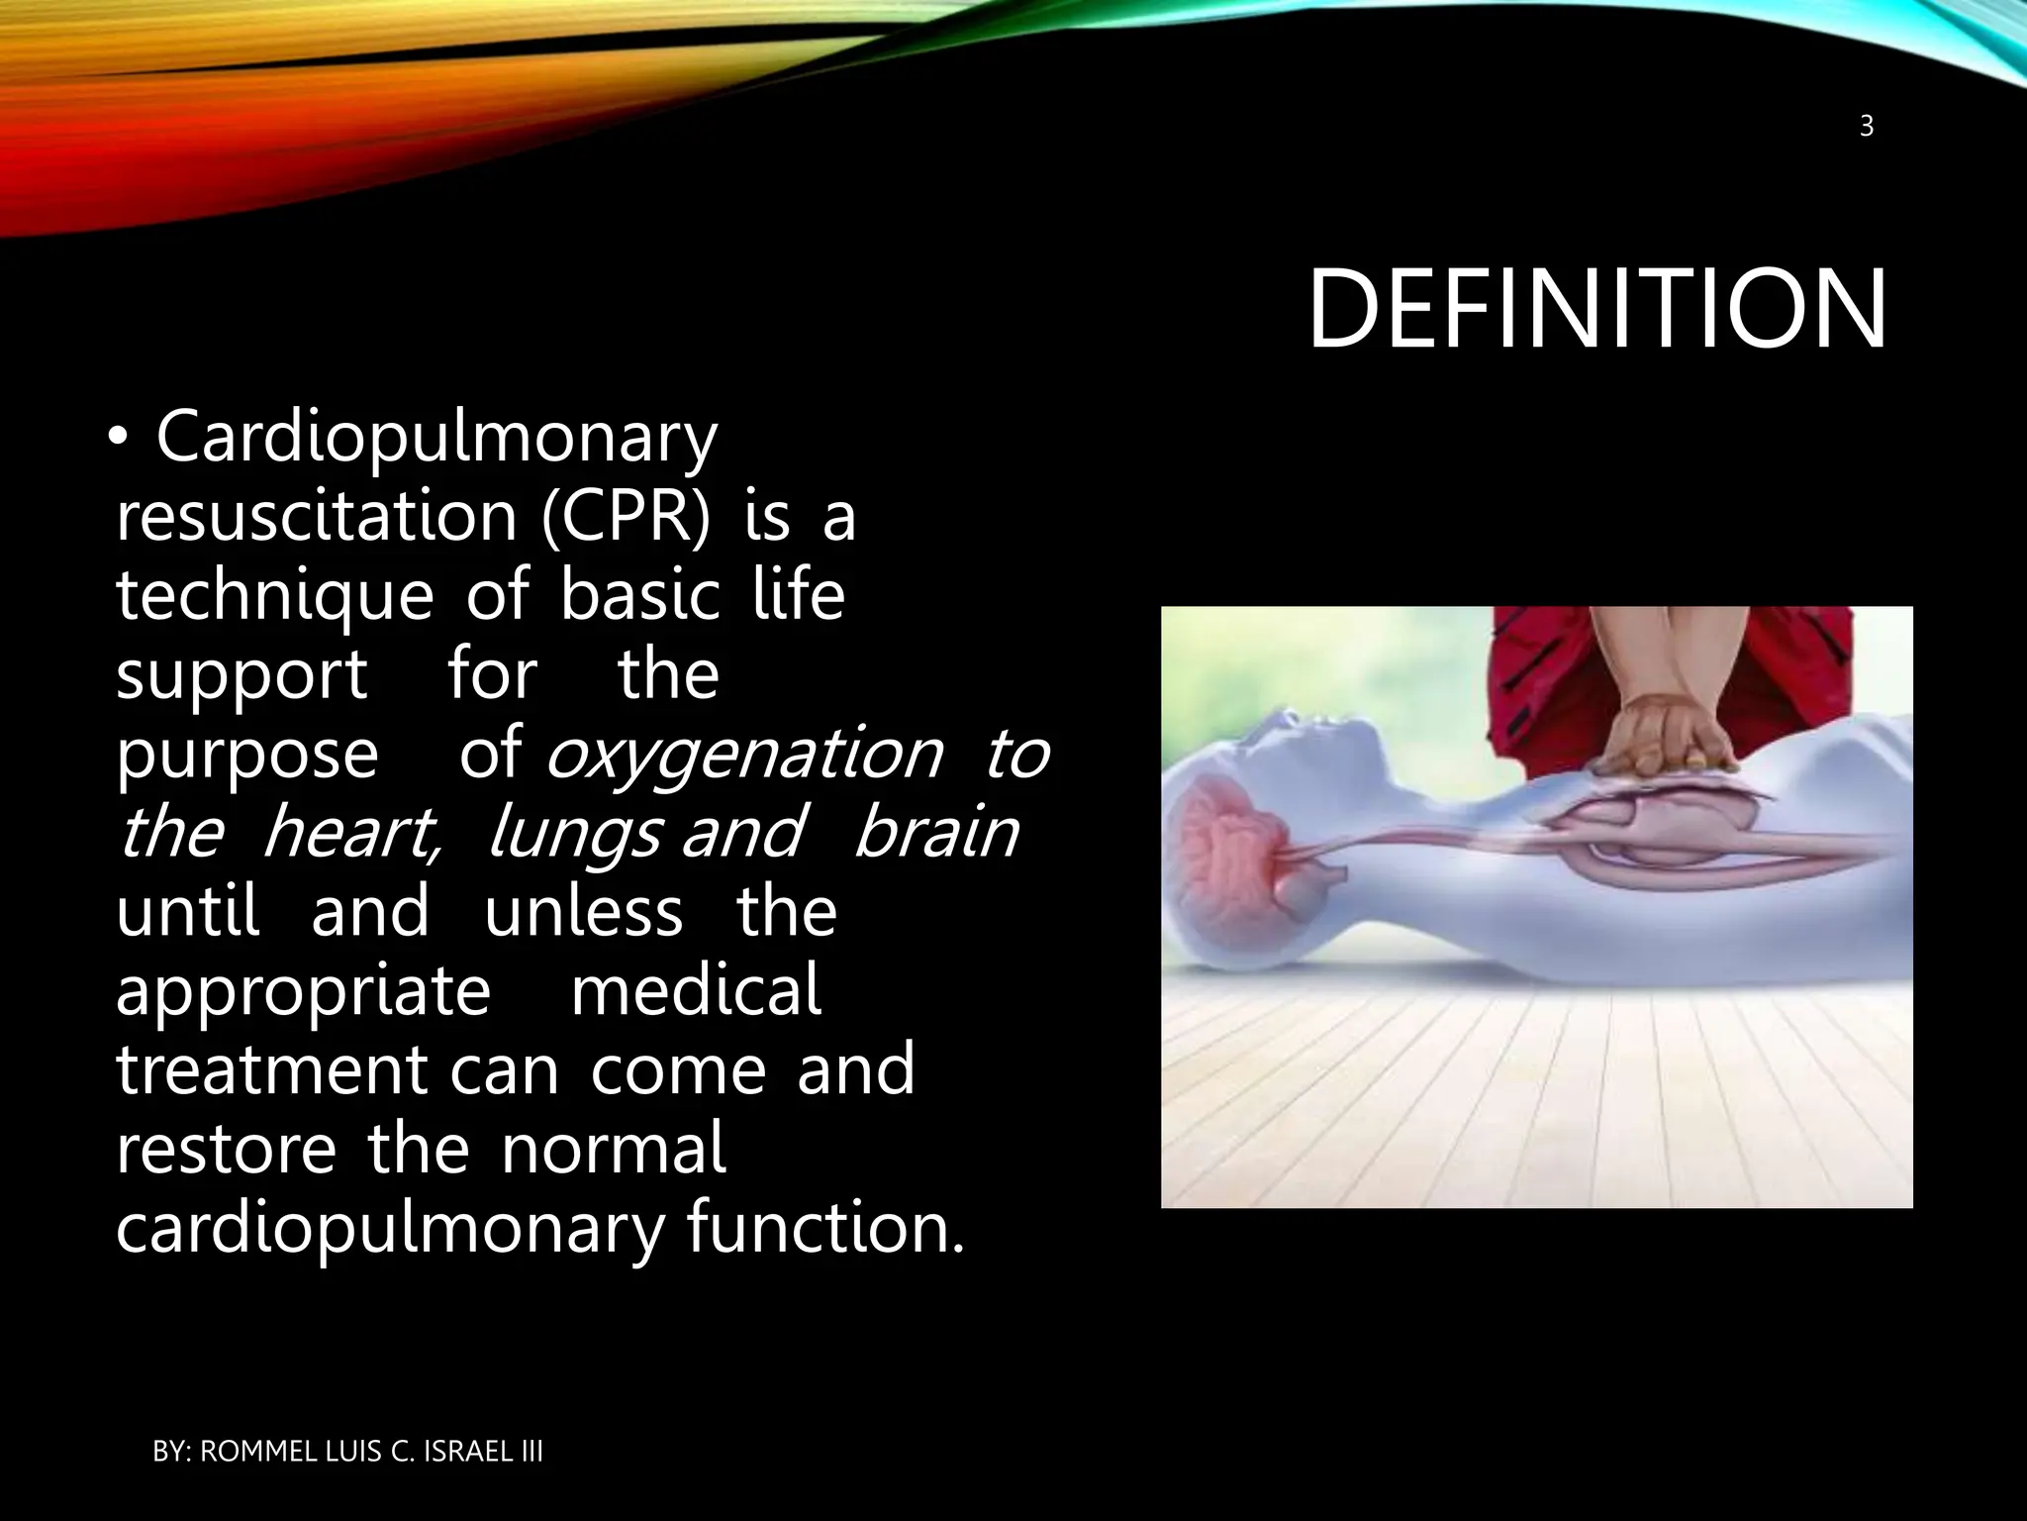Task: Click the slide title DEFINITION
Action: tap(1596, 310)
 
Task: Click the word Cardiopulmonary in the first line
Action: tap(435, 438)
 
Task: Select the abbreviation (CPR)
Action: tap(626, 517)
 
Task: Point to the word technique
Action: tap(274, 597)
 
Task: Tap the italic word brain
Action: tap(935, 833)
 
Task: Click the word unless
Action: tap(583, 912)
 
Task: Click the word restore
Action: tap(226, 1150)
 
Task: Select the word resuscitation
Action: tap(317, 517)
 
